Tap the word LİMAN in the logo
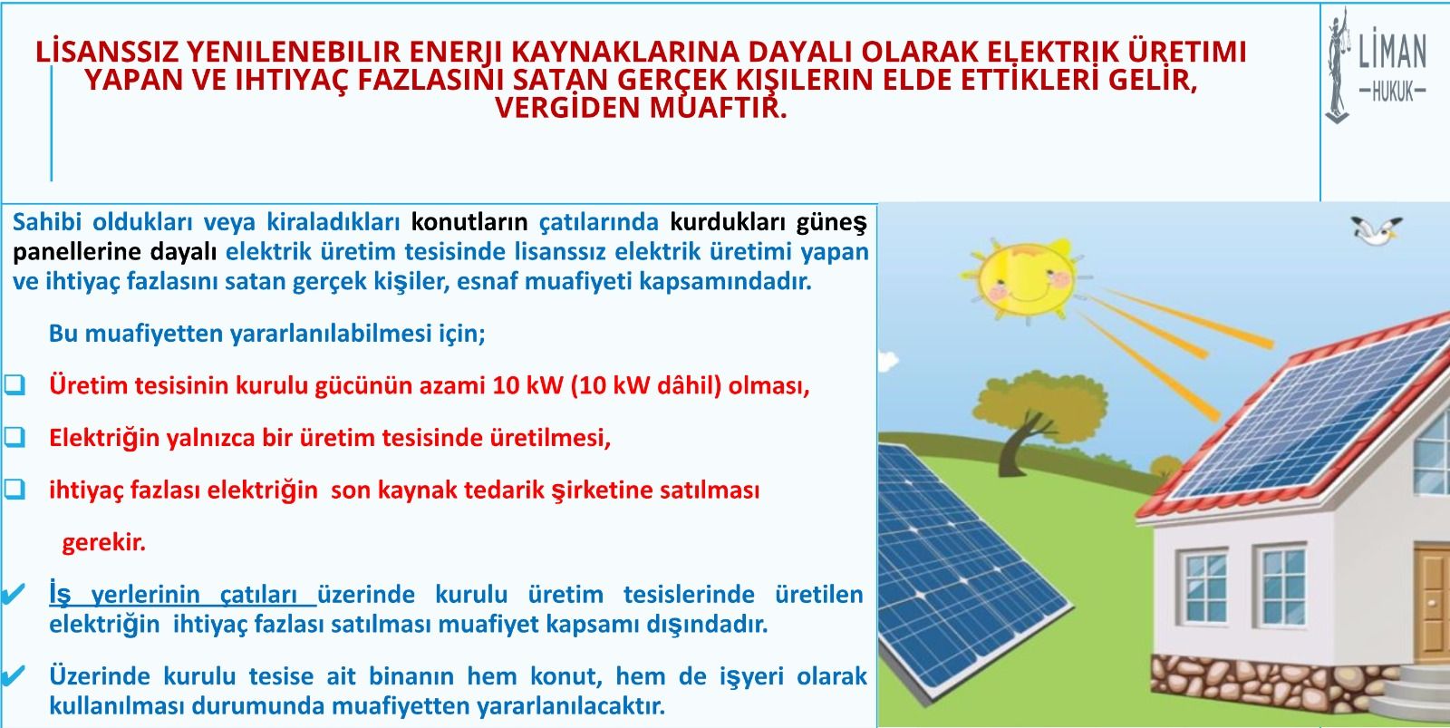1392,52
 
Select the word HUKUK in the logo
1392,92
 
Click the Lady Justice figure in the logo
1337,64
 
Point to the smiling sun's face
1026,281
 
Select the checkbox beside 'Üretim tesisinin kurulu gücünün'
14,384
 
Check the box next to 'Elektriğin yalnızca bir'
14,437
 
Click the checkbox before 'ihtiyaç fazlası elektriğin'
14,489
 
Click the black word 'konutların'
469,222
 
